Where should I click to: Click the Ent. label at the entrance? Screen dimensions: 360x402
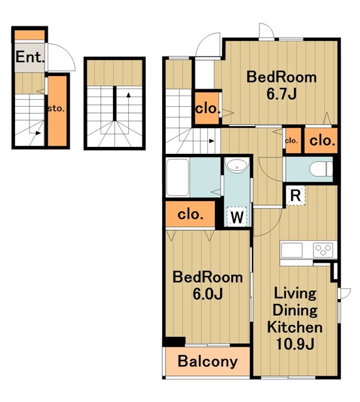pos(30,57)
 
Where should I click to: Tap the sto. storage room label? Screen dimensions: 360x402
pos(56,109)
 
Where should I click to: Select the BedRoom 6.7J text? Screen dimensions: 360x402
pos(281,85)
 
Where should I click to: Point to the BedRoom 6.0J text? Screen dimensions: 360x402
pos(207,286)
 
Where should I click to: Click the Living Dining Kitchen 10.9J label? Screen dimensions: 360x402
pos(295,318)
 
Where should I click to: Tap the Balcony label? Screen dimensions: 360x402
pos(207,362)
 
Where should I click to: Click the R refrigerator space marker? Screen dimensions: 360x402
pos(295,196)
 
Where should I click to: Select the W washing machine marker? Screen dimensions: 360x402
pos(237,217)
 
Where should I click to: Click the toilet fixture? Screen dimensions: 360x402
pos(320,169)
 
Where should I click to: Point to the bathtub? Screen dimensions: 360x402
pos(178,177)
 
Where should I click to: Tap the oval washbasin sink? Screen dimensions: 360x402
pos(237,165)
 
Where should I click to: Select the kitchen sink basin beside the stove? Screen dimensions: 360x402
pos(292,250)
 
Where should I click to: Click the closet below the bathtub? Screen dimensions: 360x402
pos(190,214)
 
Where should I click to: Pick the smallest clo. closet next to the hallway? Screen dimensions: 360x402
pos(292,141)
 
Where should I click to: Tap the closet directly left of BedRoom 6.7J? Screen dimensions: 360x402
pos(207,108)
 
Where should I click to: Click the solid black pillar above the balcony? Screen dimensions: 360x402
pos(175,342)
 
